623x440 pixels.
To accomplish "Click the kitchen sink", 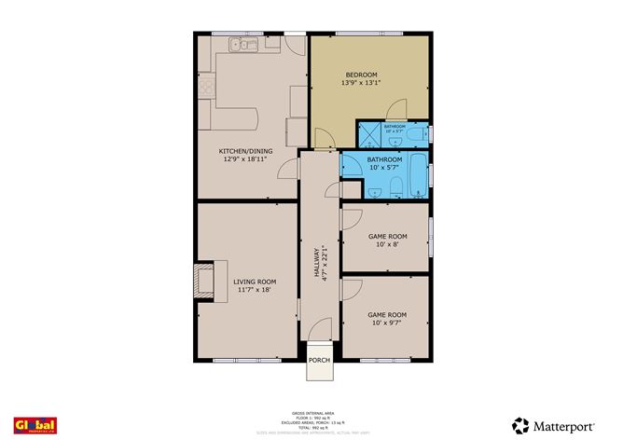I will (238, 44).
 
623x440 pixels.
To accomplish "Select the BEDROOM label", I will (361, 75).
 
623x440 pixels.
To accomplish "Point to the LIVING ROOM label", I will (255, 282).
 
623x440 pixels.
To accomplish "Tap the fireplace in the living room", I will (203, 281).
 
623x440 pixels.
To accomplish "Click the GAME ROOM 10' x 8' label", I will (387, 237).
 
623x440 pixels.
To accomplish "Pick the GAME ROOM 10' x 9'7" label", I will (387, 315).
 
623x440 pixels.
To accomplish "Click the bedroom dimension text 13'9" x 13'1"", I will (361, 83).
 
